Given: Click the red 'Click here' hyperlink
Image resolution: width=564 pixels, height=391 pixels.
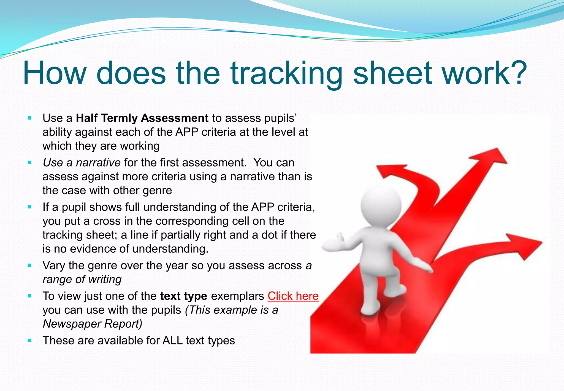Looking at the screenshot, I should pos(293,296).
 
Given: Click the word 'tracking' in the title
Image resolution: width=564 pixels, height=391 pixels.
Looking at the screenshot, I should pos(286,74).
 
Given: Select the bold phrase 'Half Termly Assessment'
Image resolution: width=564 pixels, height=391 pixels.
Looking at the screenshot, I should pos(142,118).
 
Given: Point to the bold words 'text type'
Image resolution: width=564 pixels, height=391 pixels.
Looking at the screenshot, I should pos(183,296).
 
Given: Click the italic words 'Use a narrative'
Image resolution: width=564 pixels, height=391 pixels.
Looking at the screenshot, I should pos(82,163).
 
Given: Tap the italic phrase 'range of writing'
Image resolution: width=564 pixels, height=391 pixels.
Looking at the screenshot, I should pos(82,279).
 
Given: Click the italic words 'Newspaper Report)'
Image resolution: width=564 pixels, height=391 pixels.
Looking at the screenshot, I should pos(93,324).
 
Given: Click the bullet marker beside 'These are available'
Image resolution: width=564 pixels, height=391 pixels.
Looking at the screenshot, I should pos(30,341).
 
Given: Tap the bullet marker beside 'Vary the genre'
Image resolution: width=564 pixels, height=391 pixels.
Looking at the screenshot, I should pos(30,266).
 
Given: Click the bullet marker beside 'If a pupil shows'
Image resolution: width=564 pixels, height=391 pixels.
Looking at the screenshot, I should pos(30,207).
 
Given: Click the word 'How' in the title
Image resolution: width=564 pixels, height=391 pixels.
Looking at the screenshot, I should pos(55,74).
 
